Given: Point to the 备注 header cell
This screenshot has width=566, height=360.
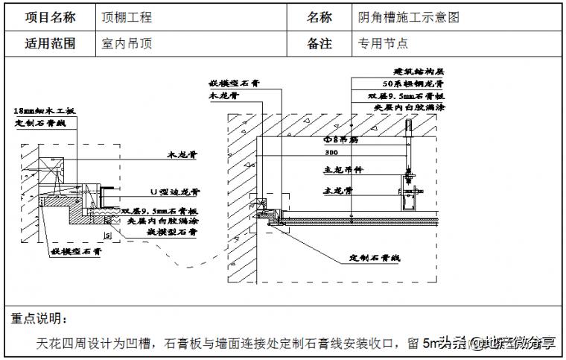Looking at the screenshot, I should [x=319, y=43].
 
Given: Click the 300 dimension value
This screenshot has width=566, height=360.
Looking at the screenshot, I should [x=331, y=152].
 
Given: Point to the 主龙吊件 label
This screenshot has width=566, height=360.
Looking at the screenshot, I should [x=343, y=170].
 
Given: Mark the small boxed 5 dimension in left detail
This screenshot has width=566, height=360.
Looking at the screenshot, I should [x=109, y=236].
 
